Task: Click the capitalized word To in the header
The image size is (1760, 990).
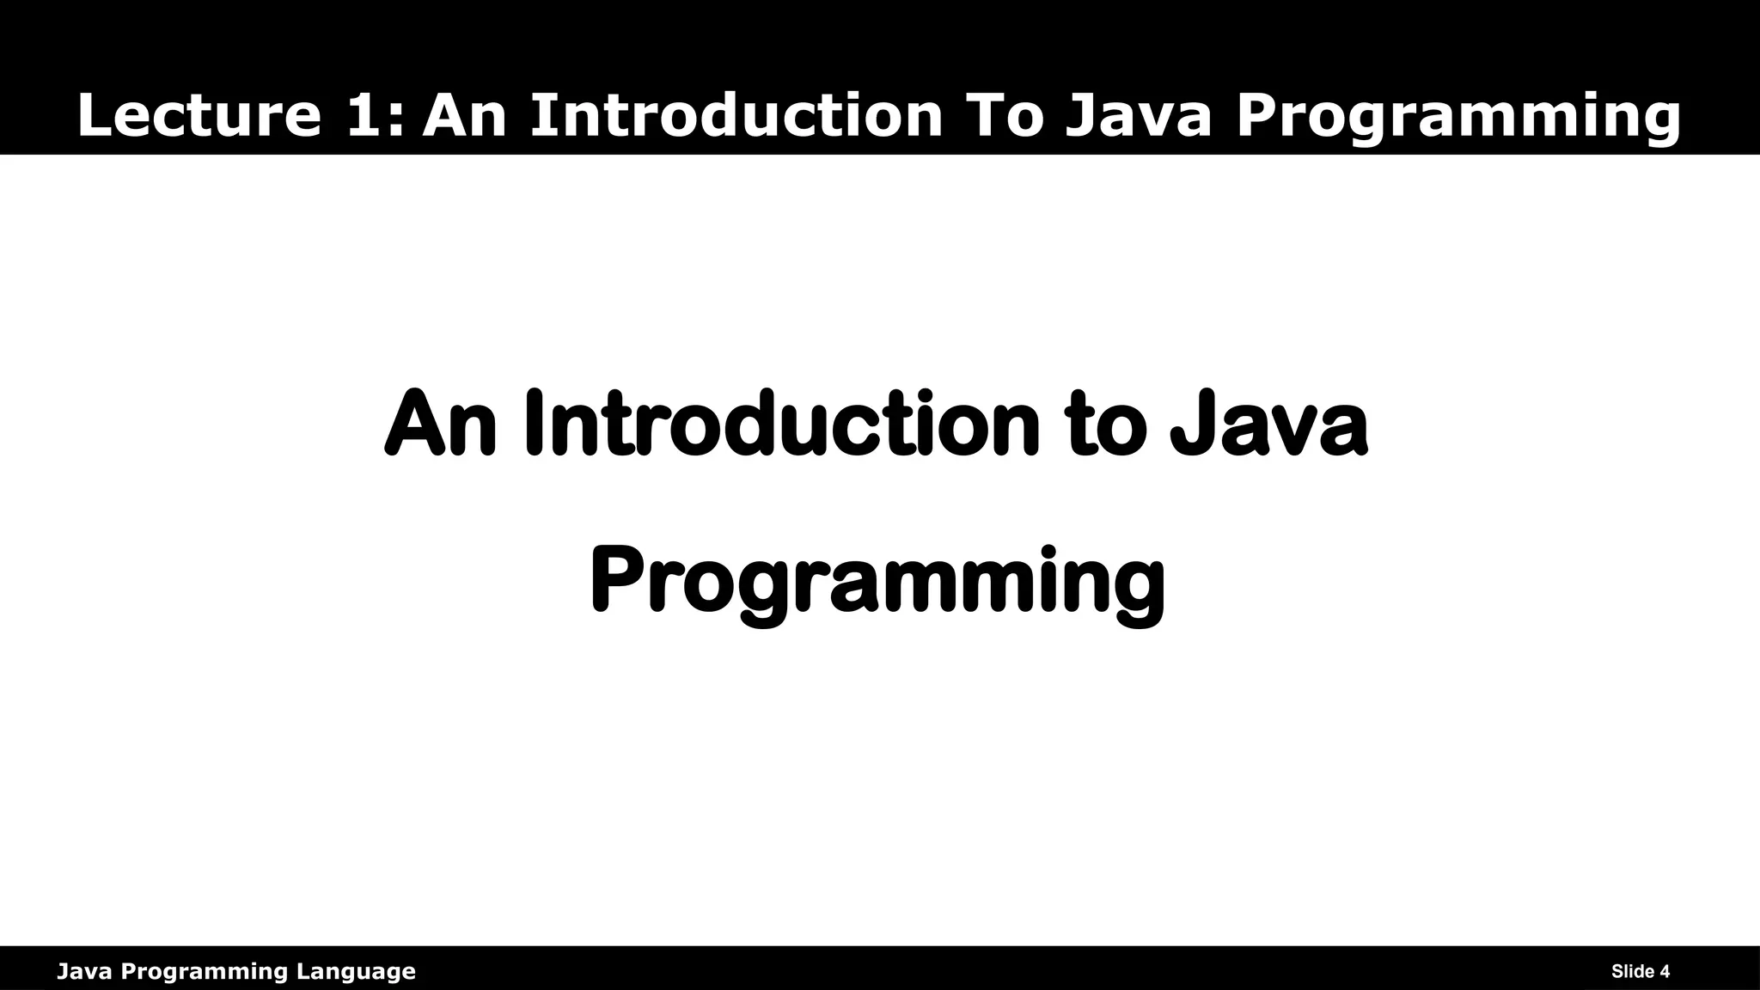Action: coord(1005,116)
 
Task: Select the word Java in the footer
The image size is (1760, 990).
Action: coord(85,972)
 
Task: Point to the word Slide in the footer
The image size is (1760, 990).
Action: coord(1634,972)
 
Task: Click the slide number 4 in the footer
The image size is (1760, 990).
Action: coord(1665,972)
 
